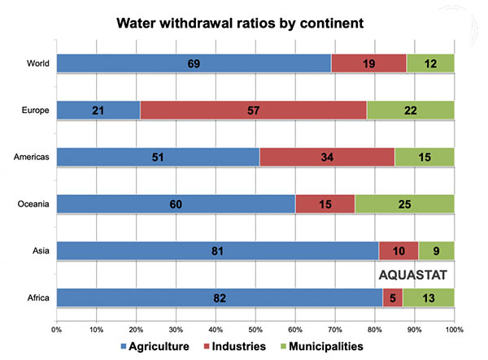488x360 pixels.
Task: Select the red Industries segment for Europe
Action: tap(264, 109)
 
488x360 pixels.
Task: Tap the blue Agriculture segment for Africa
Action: tap(220, 297)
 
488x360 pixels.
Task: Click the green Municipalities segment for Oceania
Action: tap(404, 204)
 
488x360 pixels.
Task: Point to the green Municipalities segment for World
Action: tap(430, 62)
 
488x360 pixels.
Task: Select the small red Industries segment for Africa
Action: tap(393, 297)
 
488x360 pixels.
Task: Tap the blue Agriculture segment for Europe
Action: tap(98, 109)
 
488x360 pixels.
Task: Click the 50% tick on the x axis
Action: tap(255, 330)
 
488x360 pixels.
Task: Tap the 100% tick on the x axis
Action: tap(454, 330)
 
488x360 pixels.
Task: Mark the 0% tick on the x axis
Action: tap(57, 330)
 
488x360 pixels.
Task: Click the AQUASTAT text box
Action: tap(416, 275)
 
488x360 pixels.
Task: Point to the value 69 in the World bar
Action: tap(194, 62)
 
